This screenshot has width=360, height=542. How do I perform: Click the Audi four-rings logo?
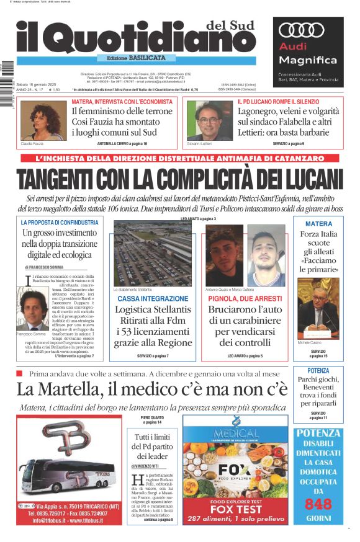302,30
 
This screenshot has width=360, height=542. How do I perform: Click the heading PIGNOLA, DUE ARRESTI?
245,298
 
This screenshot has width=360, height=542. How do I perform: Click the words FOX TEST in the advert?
235,510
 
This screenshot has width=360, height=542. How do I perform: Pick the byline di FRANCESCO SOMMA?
49,267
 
